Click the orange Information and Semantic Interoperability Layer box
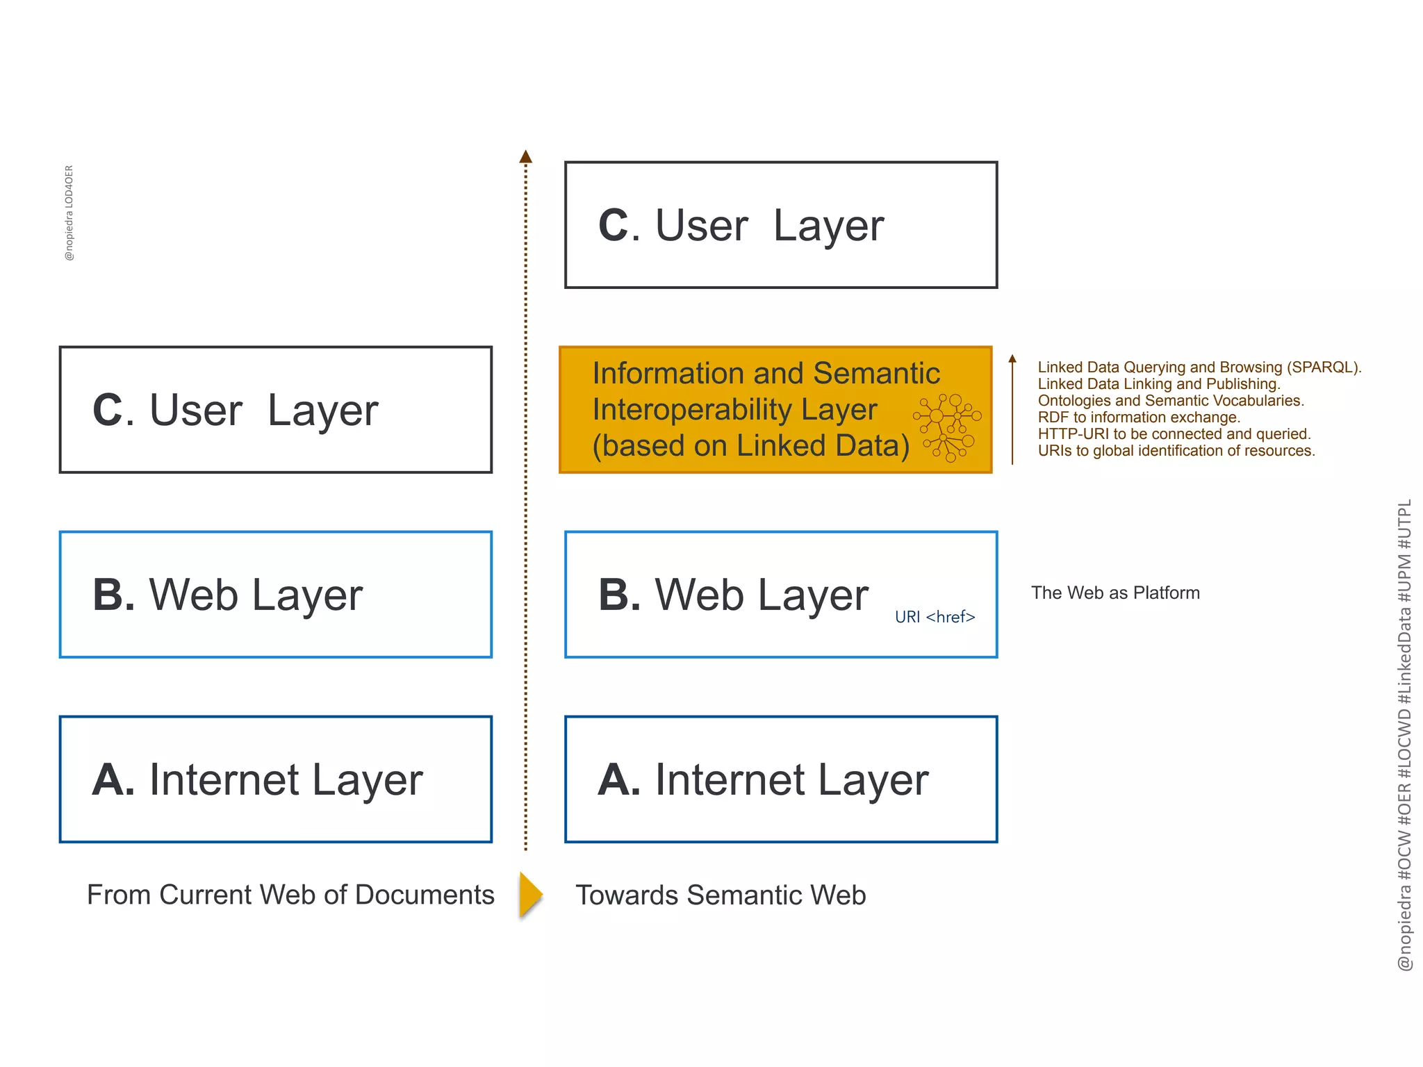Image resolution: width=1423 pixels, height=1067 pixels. coord(750,409)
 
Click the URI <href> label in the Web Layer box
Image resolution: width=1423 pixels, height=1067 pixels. coord(935,617)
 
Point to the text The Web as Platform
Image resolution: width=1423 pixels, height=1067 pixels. coord(1114,593)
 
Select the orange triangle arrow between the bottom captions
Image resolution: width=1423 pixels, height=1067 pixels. coord(530,895)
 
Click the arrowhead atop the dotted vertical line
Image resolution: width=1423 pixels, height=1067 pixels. coord(526,156)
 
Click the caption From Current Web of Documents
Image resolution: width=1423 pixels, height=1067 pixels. coord(290,895)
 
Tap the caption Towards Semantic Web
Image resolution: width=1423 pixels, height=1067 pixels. coord(721,895)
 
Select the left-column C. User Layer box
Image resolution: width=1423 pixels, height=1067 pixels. coord(276,410)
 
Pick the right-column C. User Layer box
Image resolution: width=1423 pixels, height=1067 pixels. coord(781,225)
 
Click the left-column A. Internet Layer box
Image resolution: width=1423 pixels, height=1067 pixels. coord(276,779)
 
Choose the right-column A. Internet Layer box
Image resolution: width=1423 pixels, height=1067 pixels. coord(781,779)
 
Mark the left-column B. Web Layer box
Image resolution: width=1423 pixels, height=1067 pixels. coord(276,595)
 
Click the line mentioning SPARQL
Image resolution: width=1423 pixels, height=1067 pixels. coord(1199,367)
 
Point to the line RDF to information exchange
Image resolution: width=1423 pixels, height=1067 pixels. coord(1139,417)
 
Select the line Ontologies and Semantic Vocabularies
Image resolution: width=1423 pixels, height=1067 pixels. coord(1171,401)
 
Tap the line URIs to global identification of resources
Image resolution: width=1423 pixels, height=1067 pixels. coord(1176,451)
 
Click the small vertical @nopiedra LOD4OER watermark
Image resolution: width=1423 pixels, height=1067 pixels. coord(69,213)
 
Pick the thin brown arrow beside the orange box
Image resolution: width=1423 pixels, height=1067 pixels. coord(1012,410)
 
